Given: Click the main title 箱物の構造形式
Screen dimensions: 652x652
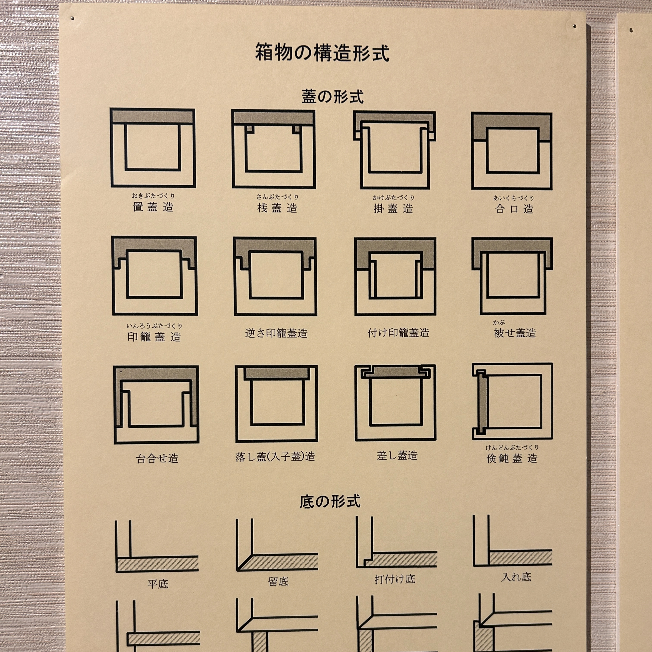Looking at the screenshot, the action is click(x=322, y=52).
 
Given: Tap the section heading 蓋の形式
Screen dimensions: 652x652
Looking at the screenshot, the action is click(x=333, y=96).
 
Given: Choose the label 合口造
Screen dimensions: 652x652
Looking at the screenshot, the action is click(x=514, y=209).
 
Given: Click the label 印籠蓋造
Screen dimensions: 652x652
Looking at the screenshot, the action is click(x=154, y=336).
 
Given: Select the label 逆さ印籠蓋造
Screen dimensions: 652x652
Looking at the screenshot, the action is click(x=276, y=333).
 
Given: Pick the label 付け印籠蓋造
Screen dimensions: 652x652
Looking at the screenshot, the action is click(x=398, y=333).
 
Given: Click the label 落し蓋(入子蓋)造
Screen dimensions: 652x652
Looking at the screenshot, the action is click(x=275, y=457).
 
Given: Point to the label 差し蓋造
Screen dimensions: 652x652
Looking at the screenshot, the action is click(x=397, y=456).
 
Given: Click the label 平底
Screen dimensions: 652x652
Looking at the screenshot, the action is click(x=158, y=584).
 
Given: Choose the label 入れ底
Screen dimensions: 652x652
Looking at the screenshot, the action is click(x=517, y=577).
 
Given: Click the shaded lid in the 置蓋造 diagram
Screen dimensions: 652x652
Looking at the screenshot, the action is click(x=153, y=117).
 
